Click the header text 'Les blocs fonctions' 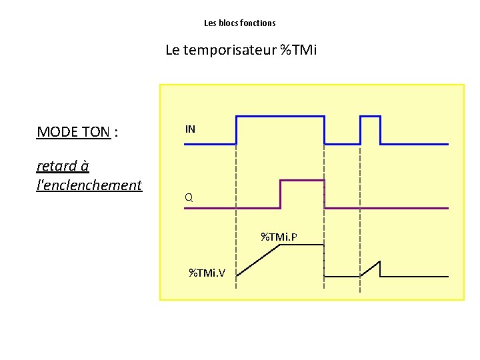(239, 23)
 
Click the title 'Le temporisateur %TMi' (241, 50)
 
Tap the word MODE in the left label (57, 132)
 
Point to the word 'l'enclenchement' (89, 185)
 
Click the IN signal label (191, 129)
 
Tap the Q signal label (189, 197)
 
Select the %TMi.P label (279, 237)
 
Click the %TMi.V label (207, 272)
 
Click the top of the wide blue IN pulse (280, 117)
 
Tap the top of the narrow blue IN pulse (370, 117)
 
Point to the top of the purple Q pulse (302, 180)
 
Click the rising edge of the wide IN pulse (237, 131)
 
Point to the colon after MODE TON (117, 133)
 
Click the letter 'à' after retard (84, 165)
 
